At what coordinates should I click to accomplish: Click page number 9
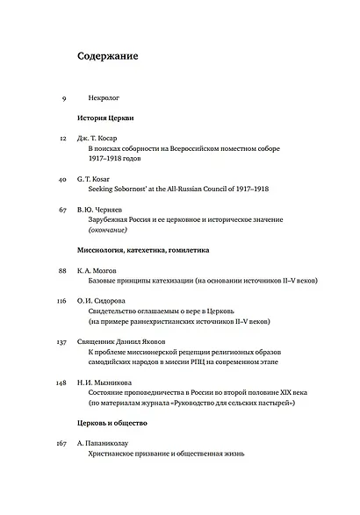point(65,97)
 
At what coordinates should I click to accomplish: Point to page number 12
point(62,138)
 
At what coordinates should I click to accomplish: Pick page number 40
point(62,179)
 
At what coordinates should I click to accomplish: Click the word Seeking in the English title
point(104,189)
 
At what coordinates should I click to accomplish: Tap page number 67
point(62,211)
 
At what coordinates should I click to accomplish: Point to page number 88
point(62,272)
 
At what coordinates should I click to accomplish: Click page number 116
point(61,303)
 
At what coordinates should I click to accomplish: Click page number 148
point(61,383)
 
